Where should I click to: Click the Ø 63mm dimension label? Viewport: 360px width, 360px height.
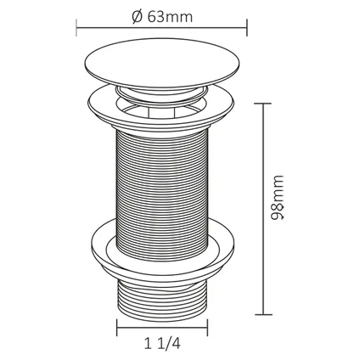click(x=162, y=17)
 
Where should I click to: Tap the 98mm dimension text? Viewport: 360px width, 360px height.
click(x=277, y=198)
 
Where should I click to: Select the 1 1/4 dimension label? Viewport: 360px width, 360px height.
click(x=162, y=344)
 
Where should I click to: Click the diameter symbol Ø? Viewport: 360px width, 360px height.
click(x=138, y=17)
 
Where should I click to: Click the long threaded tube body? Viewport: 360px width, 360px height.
click(x=162, y=195)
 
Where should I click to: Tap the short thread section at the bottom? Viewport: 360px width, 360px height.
click(x=162, y=299)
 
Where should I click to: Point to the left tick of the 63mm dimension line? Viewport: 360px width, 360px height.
click(x=76, y=27)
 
